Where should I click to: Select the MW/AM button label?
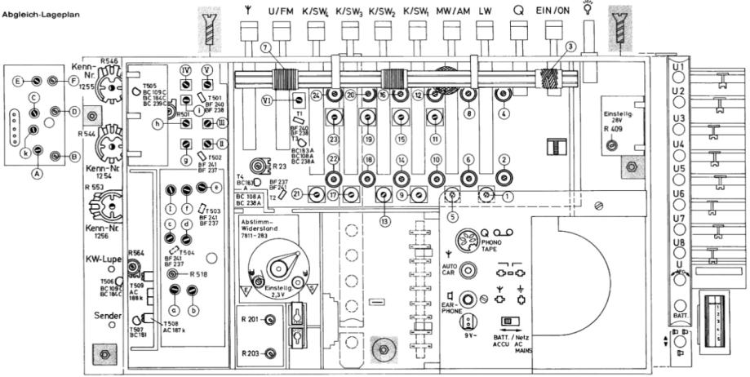point(453,11)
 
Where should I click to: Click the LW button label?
point(486,11)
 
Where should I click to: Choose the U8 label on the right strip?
point(677,242)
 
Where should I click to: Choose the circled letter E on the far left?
point(17,81)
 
